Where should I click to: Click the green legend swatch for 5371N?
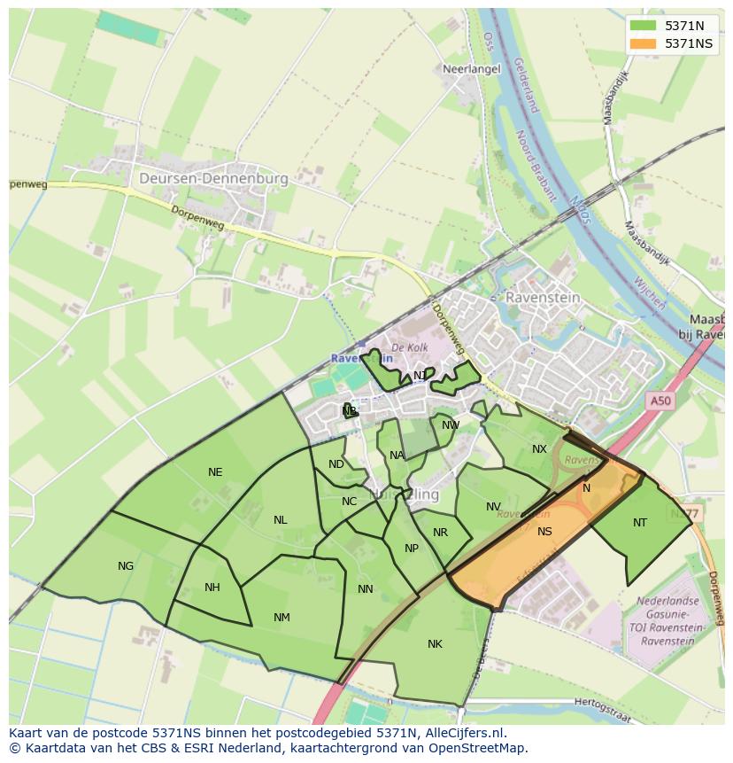pos(644,26)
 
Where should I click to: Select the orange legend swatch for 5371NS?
pos(644,43)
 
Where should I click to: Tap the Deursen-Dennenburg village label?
pos(213,178)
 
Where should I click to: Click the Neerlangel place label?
pos(471,68)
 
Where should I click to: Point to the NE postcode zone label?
pos(215,472)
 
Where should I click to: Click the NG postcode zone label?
pos(126,566)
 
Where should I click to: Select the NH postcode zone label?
pos(212,588)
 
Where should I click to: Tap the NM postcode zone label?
pos(282,618)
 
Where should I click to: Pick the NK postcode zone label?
pos(435,644)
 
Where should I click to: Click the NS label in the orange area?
pos(544,532)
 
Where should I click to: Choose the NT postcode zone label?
pos(640,523)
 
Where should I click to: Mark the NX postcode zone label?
pos(539,449)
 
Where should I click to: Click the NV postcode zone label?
pos(493,508)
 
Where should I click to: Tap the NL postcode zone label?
pos(280,520)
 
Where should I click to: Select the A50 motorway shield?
pos(660,401)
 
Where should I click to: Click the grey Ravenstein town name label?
pos(543,298)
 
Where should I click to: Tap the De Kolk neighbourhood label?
pos(410,348)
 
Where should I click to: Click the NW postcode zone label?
pos(451,425)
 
